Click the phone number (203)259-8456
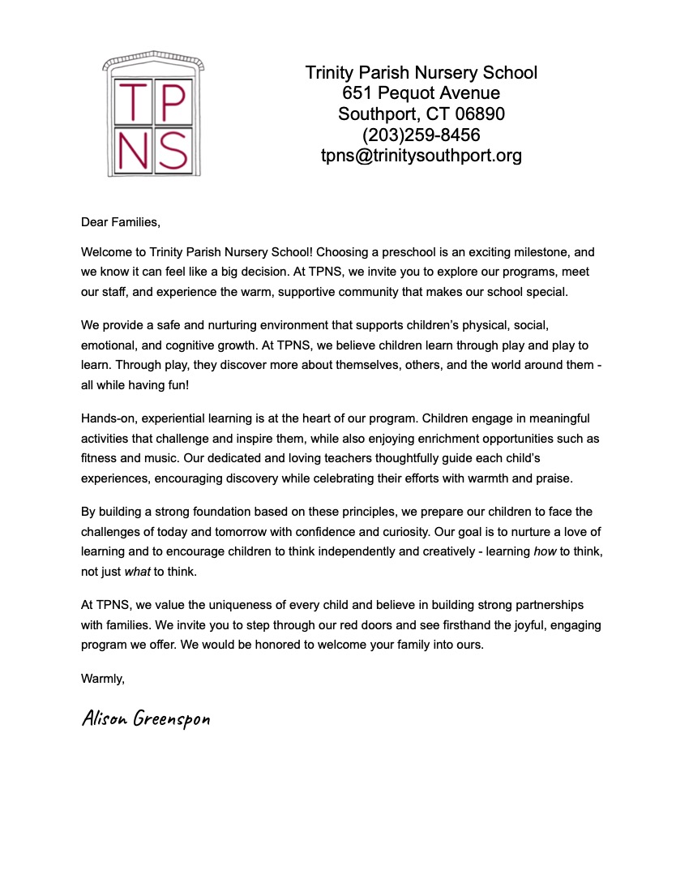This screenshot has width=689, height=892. coord(421,135)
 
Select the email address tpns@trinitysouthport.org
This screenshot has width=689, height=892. coord(421,156)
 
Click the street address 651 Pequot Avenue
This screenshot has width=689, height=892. coord(421,93)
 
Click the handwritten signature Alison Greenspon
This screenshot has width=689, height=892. coord(146,719)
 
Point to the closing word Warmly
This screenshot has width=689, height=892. coord(103,678)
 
